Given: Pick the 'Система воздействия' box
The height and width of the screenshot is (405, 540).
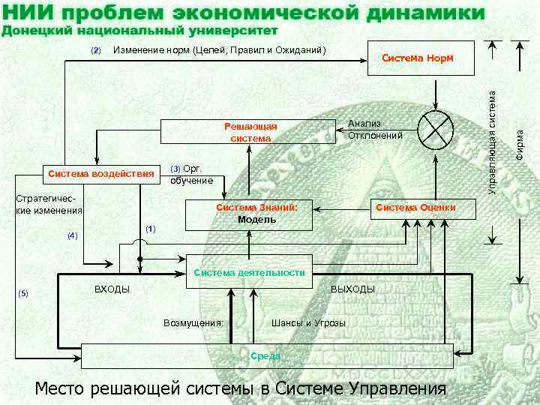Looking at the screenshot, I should (x=100, y=175).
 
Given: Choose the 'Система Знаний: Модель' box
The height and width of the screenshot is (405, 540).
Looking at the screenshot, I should (x=257, y=213).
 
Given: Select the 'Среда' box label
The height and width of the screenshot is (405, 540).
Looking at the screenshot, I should (x=265, y=355).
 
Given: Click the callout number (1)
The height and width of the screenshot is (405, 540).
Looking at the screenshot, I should (x=150, y=228).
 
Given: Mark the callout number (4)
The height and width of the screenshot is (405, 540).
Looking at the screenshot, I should (x=72, y=235).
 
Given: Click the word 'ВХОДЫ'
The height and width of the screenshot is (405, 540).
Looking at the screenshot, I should (x=112, y=289).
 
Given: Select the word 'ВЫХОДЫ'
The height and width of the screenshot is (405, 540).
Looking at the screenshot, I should (x=352, y=289).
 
